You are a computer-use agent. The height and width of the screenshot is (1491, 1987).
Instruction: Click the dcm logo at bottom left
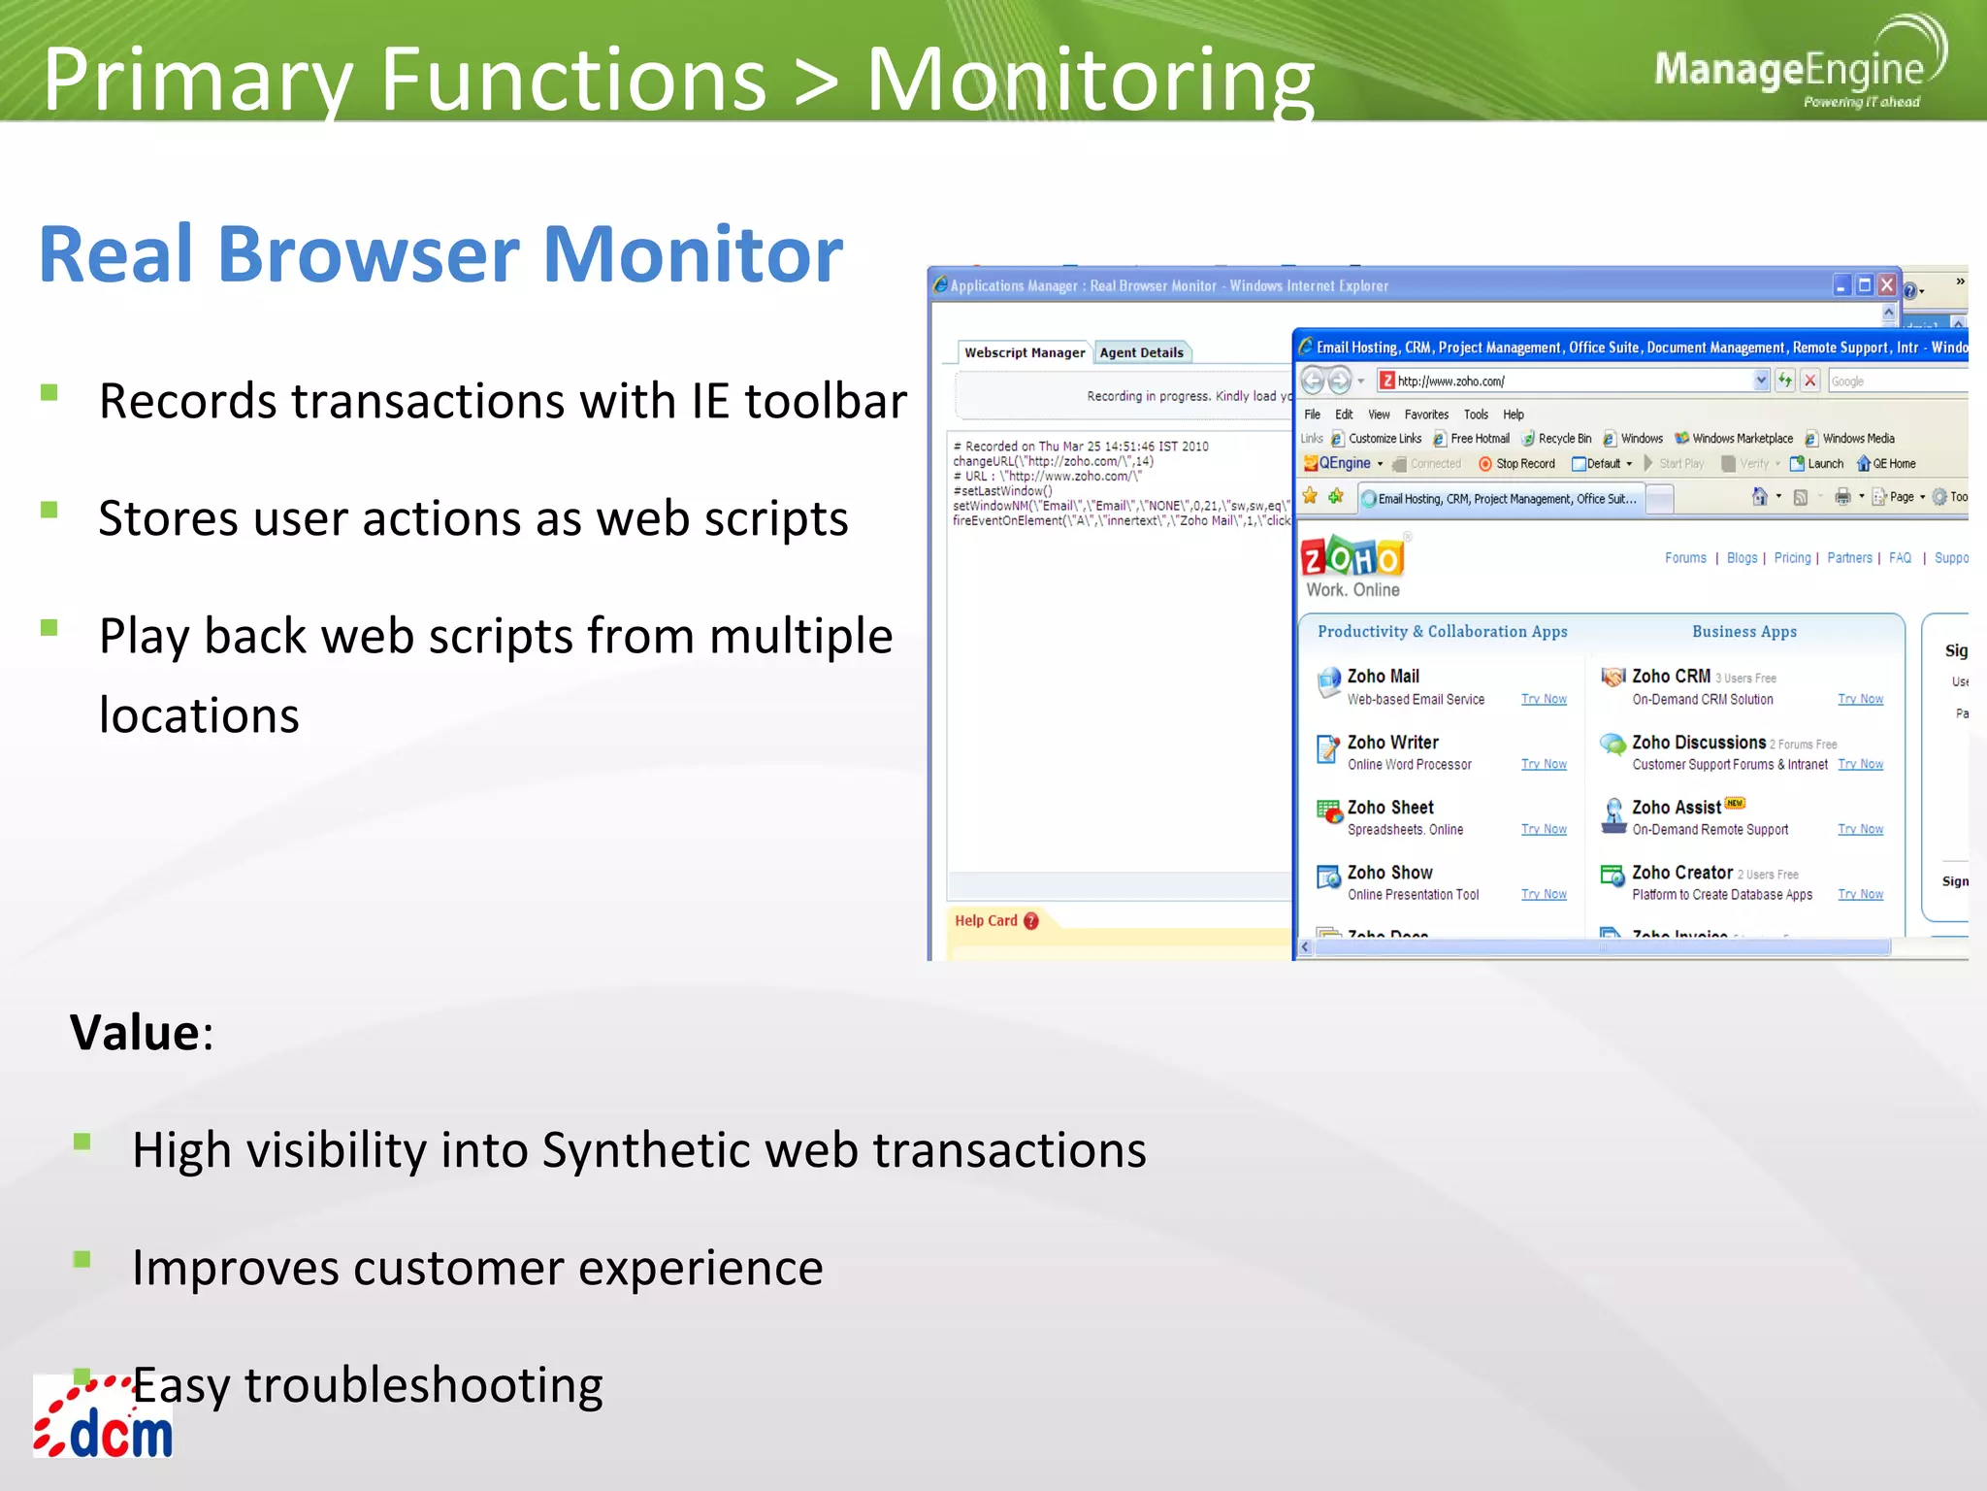pyautogui.click(x=105, y=1419)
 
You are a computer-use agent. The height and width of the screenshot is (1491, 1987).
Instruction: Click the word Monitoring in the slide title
pyautogui.click(x=1089, y=80)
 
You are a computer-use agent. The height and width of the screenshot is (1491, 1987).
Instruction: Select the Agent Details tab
pyautogui.click(x=1141, y=352)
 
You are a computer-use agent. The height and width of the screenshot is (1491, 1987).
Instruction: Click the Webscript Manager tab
pyautogui.click(x=1025, y=352)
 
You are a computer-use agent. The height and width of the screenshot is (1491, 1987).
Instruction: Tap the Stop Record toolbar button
pyautogui.click(x=1517, y=464)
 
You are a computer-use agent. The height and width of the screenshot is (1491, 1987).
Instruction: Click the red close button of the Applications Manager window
pyautogui.click(x=1887, y=284)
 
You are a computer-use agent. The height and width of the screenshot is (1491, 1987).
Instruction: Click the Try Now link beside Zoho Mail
pyautogui.click(x=1544, y=699)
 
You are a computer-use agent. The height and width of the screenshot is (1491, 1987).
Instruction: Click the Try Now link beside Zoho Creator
pyautogui.click(x=1860, y=894)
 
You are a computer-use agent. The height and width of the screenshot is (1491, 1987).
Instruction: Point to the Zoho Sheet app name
pyautogui.click(x=1389, y=808)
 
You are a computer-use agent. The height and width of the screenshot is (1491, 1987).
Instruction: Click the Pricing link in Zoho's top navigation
pyautogui.click(x=1792, y=558)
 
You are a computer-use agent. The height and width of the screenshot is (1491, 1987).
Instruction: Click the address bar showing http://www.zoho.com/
pyautogui.click(x=1572, y=381)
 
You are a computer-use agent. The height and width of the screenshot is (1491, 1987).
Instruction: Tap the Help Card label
pyautogui.click(x=986, y=920)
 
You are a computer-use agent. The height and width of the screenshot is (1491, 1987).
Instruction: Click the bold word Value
pyautogui.click(x=135, y=1032)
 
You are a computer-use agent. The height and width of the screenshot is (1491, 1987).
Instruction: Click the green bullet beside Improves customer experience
pyautogui.click(x=82, y=1259)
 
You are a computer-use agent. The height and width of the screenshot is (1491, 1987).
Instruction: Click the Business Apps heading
pyautogui.click(x=1743, y=632)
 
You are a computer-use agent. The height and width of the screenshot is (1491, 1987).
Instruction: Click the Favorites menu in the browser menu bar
pyautogui.click(x=1425, y=414)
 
